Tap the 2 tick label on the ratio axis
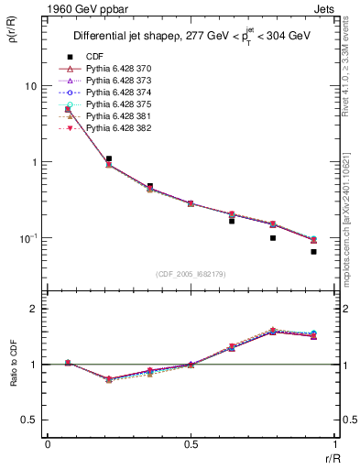tap(34, 310)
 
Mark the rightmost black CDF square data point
tap(313, 252)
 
